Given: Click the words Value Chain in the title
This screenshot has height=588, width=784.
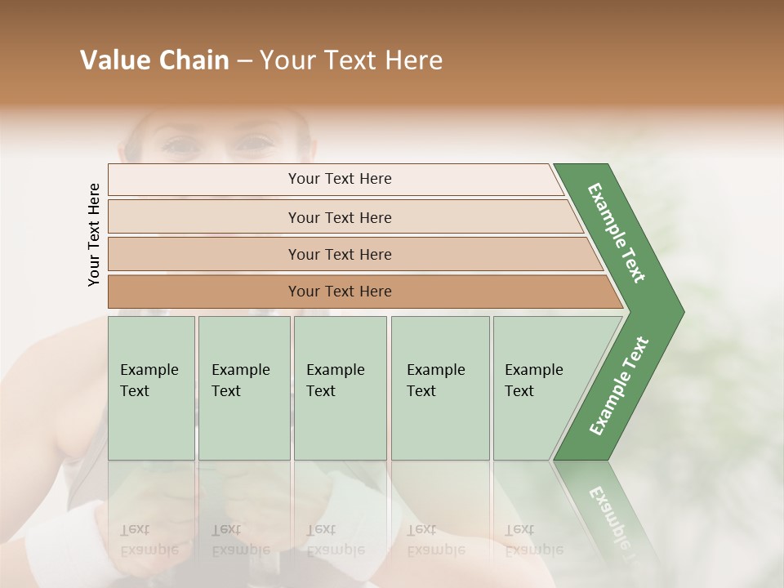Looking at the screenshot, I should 154,60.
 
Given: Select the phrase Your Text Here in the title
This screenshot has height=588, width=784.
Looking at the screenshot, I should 351,60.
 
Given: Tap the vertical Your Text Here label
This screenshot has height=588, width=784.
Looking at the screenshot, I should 94,234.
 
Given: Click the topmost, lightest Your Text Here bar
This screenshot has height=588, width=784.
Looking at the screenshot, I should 339,179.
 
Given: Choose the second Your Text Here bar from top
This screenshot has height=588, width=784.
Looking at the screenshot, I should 339,217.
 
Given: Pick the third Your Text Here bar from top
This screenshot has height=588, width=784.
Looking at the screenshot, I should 339,254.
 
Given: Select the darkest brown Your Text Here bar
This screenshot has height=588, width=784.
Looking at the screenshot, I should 339,292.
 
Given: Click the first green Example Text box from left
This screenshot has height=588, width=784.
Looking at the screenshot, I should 151,388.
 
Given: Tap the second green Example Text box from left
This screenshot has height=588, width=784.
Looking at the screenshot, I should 243,388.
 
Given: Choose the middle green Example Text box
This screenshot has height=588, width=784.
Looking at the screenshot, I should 340,388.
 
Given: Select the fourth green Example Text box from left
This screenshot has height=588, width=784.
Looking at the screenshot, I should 439,388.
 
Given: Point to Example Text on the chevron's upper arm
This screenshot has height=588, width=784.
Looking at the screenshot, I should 617,233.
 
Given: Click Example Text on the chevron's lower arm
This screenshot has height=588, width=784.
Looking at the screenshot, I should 618,385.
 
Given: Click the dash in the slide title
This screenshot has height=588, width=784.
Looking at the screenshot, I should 244,60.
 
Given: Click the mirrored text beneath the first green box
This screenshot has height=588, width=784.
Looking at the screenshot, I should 149,540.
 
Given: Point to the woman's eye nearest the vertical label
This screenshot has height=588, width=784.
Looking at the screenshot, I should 180,146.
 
